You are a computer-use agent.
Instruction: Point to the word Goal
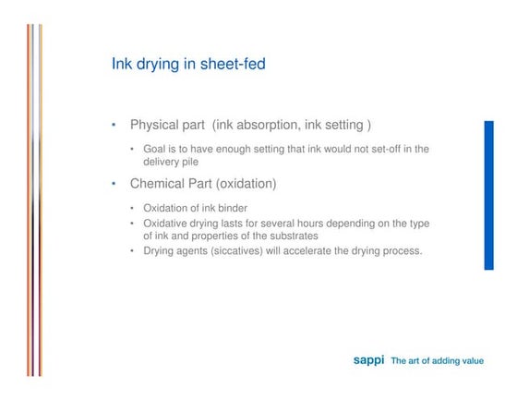tap(156, 149)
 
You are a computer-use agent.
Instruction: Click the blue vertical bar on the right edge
tap(488, 194)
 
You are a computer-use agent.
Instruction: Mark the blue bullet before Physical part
tap(114, 125)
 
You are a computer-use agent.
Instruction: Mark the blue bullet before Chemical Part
tap(114, 184)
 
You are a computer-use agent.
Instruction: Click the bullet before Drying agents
tap(133, 250)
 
